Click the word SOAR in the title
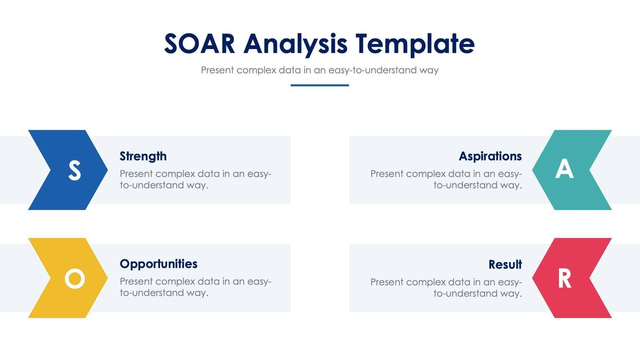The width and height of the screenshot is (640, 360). pos(199,44)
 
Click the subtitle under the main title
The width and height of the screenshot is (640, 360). pos(319,70)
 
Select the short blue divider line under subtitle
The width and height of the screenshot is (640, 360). pos(319,85)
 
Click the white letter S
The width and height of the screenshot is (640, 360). pos(75,170)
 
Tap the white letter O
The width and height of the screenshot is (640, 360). pos(75,278)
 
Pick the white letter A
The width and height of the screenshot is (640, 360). pos(564,169)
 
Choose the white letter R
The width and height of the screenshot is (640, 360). pos(564,278)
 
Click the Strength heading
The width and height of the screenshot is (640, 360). pos(143,156)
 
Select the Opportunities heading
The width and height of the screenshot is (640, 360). pos(158,264)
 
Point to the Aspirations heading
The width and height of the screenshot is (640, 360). pos(490,156)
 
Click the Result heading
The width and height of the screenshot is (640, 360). pos(505,265)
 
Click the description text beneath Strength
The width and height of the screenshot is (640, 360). pos(195,179)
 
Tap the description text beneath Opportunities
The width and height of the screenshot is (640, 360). pos(195,287)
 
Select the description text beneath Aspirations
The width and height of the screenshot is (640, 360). pos(446,179)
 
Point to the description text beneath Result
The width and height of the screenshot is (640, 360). pos(446,287)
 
